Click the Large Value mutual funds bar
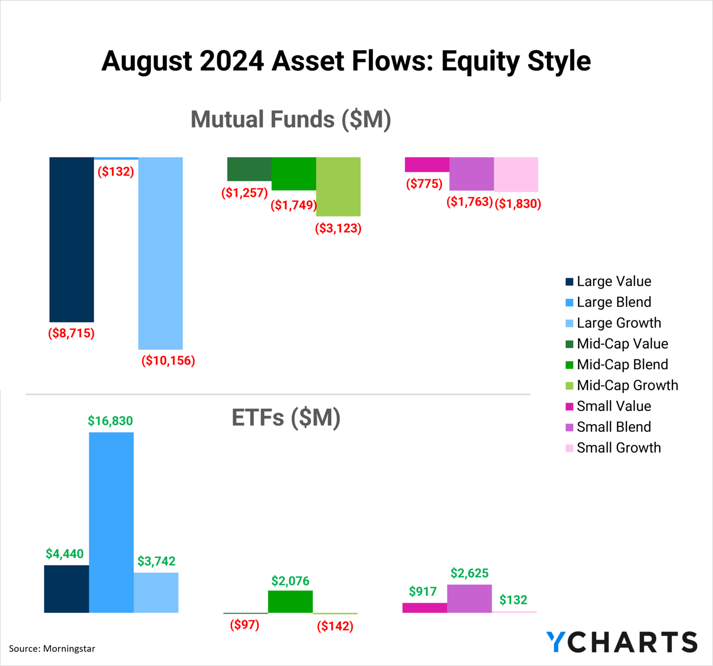click(71, 239)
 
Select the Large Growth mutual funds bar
click(161, 253)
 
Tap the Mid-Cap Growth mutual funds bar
click(338, 187)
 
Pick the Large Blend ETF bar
click(111, 522)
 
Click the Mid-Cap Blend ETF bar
click(291, 601)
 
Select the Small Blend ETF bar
click(469, 598)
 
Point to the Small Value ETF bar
click(425, 608)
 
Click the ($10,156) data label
click(168, 361)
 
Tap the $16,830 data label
click(110, 421)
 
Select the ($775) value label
click(424, 184)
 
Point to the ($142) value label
click(335, 626)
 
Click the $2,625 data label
click(469, 573)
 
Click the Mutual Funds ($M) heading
click(291, 119)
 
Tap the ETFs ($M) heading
click(286, 417)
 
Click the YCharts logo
click(622, 642)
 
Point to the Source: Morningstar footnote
click(52, 649)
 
